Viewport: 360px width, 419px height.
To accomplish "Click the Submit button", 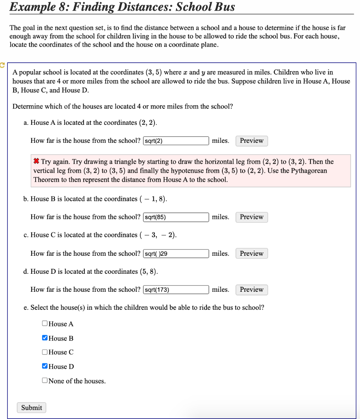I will (x=32, y=408).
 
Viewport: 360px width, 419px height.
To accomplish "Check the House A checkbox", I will (x=45, y=324).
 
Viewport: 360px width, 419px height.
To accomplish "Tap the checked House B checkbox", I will (x=45, y=338).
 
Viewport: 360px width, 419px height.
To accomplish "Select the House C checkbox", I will (x=45, y=352).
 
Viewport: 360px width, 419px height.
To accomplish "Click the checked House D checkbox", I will (x=45, y=366).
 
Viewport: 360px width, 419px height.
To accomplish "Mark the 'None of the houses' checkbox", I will (x=45, y=381).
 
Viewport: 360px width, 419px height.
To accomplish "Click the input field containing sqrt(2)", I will (x=176, y=141).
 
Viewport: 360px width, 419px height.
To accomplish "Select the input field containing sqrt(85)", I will (x=176, y=217).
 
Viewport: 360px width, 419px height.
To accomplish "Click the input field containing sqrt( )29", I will (x=176, y=254).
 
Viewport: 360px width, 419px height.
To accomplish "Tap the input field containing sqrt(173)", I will (x=176, y=290).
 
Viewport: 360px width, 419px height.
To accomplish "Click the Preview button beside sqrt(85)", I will (x=251, y=217).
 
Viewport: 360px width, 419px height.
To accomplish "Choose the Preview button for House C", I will (x=251, y=254).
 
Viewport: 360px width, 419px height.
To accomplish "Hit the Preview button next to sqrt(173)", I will (x=251, y=290).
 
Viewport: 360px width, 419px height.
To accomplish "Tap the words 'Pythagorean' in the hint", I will (x=309, y=171).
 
